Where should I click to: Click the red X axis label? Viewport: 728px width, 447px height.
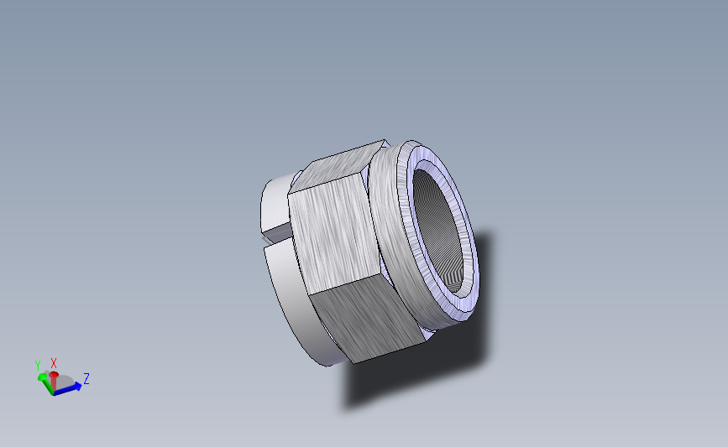point(54,362)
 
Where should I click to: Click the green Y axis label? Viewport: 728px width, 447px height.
point(37,365)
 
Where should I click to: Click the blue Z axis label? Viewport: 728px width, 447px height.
point(86,379)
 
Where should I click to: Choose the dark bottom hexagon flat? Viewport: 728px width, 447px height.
point(369,323)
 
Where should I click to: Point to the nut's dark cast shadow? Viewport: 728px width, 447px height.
point(420,369)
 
